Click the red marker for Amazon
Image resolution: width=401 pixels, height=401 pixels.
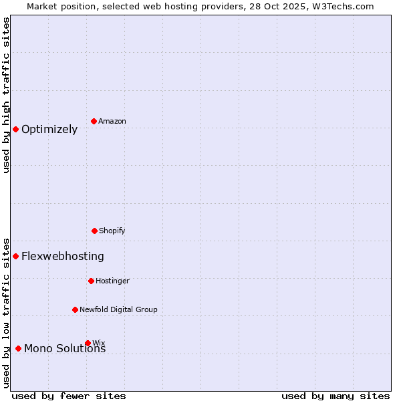click(94, 121)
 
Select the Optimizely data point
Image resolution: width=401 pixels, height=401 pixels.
click(15, 129)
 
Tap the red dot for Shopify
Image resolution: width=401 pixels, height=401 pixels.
click(94, 231)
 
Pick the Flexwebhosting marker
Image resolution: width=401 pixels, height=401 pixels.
click(15, 256)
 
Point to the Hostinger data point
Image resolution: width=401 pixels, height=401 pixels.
click(91, 281)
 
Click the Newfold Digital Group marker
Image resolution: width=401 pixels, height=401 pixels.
click(75, 309)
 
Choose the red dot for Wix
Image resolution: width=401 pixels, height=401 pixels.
click(88, 343)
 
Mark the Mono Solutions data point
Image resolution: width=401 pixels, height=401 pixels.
click(18, 348)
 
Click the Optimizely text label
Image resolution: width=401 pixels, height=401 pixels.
click(49, 130)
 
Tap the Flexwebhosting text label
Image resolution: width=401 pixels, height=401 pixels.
click(63, 257)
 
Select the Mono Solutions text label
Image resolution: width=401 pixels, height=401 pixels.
click(65, 349)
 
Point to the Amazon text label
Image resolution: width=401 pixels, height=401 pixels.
click(112, 122)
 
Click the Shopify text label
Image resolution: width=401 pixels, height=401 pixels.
click(112, 231)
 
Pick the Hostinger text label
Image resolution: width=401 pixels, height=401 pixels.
click(112, 281)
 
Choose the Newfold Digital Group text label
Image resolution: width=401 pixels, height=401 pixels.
click(118, 310)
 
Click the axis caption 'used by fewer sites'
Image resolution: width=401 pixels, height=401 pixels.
click(69, 396)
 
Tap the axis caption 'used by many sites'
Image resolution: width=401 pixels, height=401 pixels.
click(336, 396)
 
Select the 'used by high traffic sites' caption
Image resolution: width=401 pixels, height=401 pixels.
click(6, 95)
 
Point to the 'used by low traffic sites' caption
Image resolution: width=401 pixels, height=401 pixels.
click(6, 313)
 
